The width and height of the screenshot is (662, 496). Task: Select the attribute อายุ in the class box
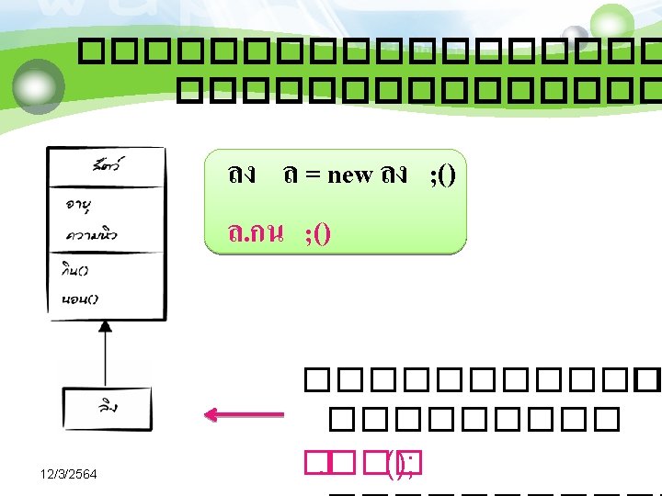coord(84,204)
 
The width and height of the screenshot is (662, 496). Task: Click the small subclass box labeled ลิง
coord(107,408)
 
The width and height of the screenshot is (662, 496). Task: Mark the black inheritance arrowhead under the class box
coord(107,325)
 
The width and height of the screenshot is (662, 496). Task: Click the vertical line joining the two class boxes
coord(107,358)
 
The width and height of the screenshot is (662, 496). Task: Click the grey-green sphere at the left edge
coord(40,86)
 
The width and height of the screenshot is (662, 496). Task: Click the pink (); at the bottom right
coord(401,463)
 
